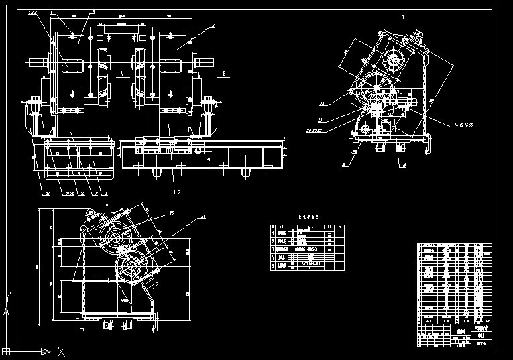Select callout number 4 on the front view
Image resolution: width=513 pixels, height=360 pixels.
[x=213, y=26]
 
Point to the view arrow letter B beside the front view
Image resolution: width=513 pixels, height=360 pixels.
[x=225, y=69]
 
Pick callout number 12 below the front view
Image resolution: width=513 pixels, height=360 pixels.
[x=48, y=194]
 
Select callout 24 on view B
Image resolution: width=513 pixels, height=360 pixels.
[x=322, y=104]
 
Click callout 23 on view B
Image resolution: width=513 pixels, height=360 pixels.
[x=321, y=121]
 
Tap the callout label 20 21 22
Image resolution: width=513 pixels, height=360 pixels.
[x=315, y=130]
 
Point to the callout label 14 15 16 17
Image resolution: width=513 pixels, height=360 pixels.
[x=463, y=124]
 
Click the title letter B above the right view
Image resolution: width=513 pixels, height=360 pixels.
[x=402, y=17]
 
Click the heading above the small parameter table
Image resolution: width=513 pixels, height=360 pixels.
[x=306, y=217]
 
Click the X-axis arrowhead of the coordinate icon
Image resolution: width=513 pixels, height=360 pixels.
[x=46, y=351]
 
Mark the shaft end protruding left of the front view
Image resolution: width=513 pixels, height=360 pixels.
[x=48, y=65]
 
